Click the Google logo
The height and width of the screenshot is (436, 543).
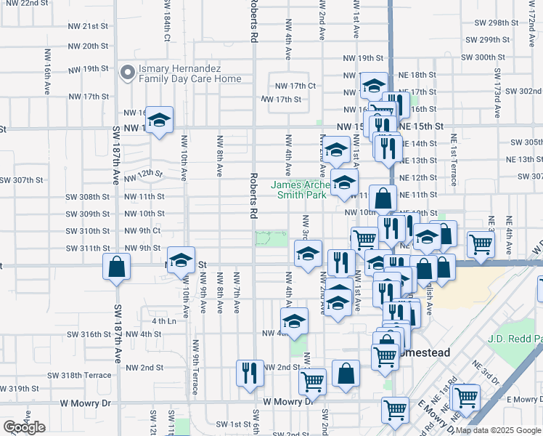point(24,427)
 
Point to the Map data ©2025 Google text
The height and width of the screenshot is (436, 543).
point(499,430)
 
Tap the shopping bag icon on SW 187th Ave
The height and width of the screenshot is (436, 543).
point(116,268)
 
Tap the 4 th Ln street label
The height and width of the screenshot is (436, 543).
point(164,320)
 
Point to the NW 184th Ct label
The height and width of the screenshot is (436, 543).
point(166,27)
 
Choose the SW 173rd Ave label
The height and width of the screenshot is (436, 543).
point(498,94)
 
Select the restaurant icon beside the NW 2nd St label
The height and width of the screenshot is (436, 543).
point(250,372)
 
